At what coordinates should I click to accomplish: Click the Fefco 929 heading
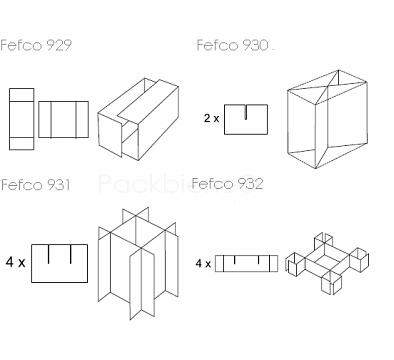coord(36,45)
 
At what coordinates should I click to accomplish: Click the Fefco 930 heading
coord(233,45)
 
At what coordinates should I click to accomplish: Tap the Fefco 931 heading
coord(36,184)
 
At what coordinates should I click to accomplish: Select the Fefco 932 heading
coord(228,183)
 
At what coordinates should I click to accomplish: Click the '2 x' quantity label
coord(212,118)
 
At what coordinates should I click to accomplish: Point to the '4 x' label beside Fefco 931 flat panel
coord(15,262)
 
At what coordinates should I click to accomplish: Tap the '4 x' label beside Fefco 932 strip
coord(203,264)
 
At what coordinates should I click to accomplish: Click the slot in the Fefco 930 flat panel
coord(246,112)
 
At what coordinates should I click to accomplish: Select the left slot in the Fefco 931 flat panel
coord(49,254)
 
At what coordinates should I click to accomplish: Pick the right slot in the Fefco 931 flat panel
coord(71,254)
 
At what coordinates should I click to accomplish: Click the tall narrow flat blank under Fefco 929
coord(21,119)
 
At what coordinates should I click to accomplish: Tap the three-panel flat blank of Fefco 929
coord(63,119)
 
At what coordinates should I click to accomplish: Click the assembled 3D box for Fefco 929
coord(138,119)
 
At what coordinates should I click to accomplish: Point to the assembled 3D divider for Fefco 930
coord(327,119)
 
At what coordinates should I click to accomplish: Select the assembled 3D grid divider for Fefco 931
coord(138,263)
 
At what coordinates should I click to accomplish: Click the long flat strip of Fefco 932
coord(246,263)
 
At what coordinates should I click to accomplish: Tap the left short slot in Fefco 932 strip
coord(235,259)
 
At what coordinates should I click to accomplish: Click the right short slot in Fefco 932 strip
coord(259,259)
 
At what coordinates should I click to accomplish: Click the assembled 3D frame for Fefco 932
coord(327,263)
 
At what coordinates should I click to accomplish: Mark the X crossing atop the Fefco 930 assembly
coord(328,87)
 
